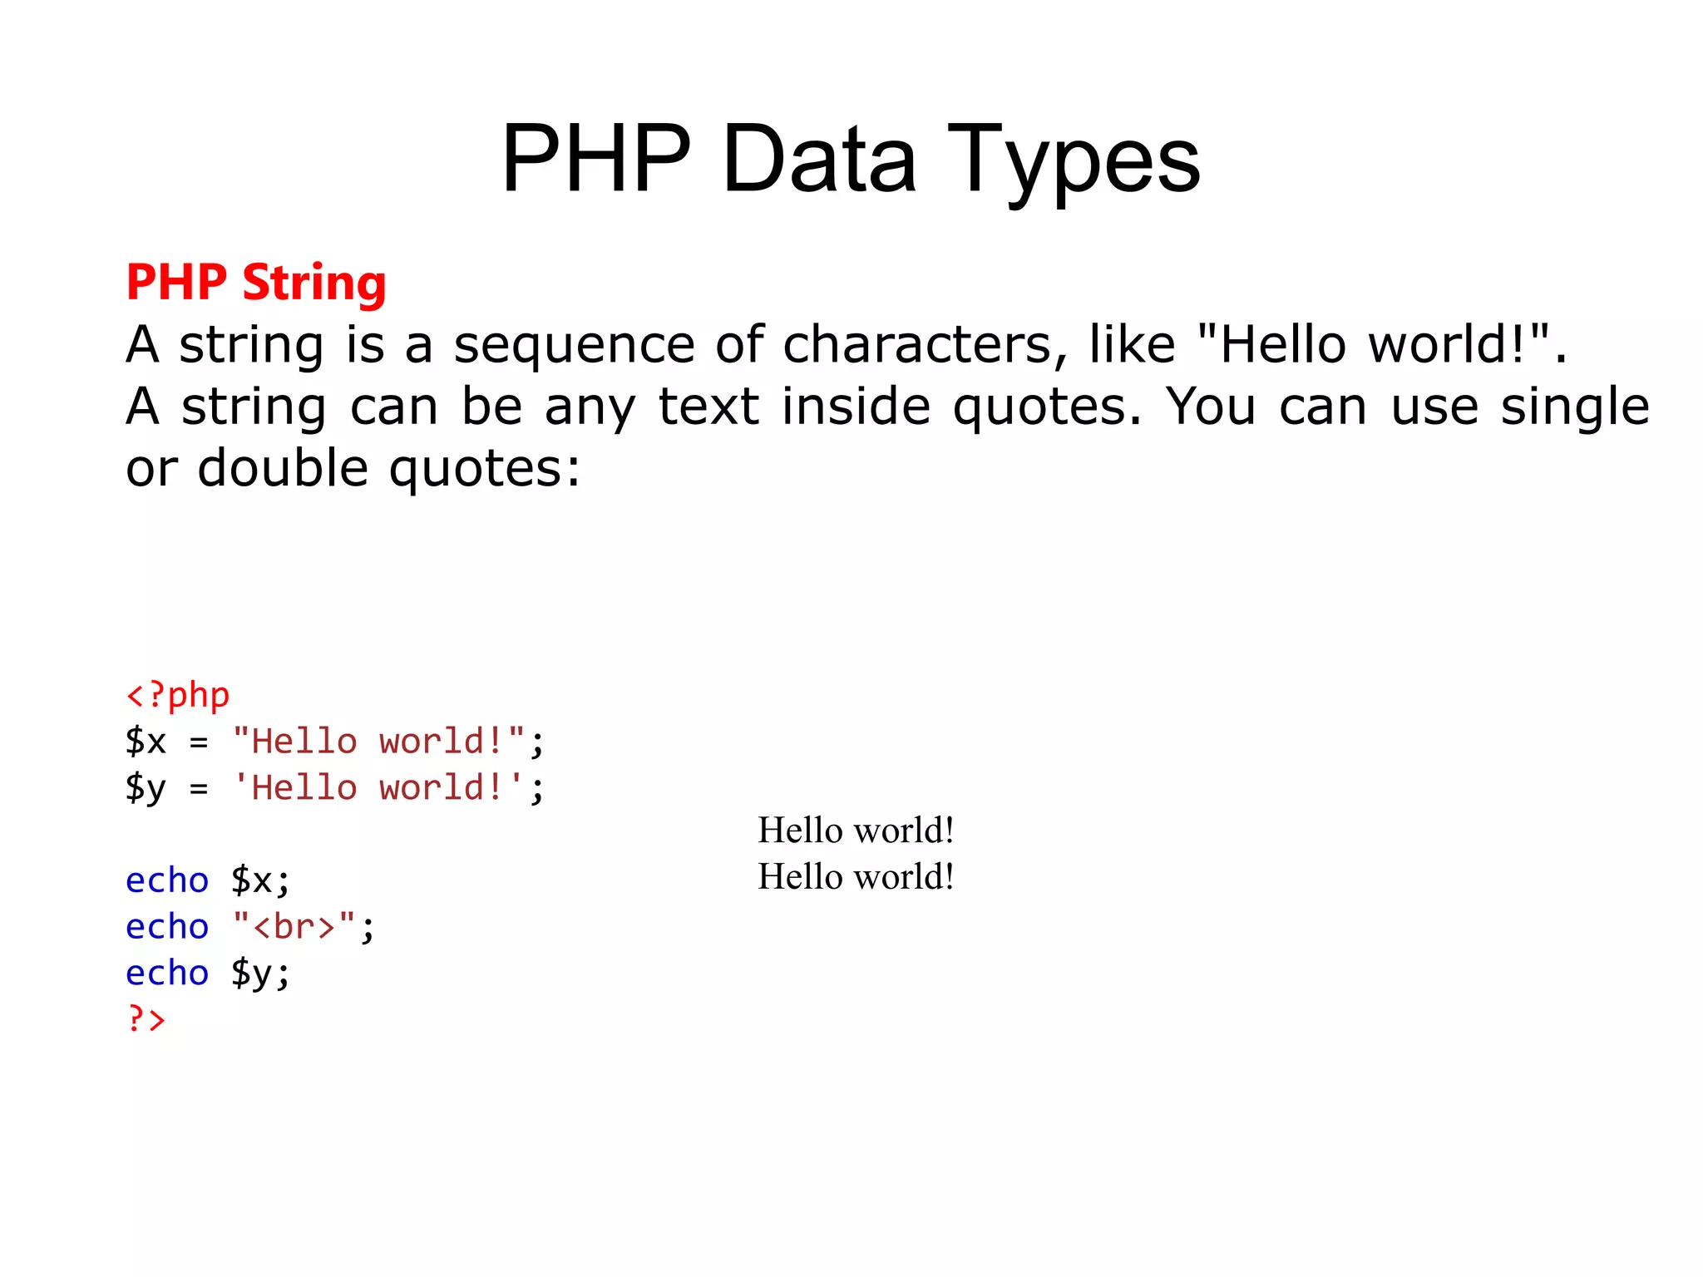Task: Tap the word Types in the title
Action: click(x=1074, y=160)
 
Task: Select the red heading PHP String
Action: click(x=256, y=283)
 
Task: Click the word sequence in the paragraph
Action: click(x=574, y=345)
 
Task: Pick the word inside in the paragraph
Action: click(x=856, y=407)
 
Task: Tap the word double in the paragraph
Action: click(x=283, y=468)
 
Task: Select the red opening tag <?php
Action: click(x=177, y=695)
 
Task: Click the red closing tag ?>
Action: click(x=146, y=1018)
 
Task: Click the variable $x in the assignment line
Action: click(x=146, y=741)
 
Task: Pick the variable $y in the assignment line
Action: click(x=146, y=788)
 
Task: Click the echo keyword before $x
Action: click(x=166, y=880)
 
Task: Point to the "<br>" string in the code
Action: click(x=294, y=926)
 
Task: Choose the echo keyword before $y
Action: click(x=166, y=973)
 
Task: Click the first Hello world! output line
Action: click(x=856, y=831)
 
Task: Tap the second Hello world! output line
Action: click(x=856, y=877)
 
